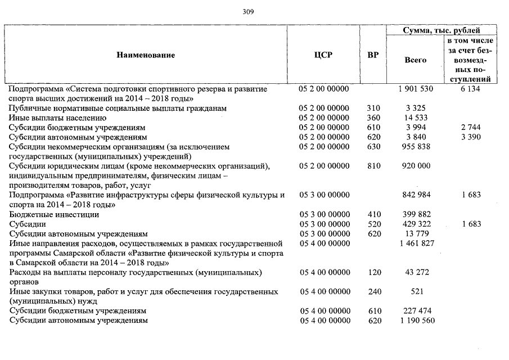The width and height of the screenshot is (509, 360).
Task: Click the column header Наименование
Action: pyautogui.click(x=146, y=55)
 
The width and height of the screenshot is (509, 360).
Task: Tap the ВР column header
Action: pyautogui.click(x=372, y=55)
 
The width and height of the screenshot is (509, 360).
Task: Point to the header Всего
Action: pyautogui.click(x=416, y=60)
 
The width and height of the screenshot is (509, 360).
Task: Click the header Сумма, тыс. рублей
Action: pyautogui.click(x=442, y=30)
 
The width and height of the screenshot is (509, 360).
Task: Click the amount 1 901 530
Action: pyautogui.click(x=416, y=89)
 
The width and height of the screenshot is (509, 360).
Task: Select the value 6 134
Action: pyautogui.click(x=470, y=89)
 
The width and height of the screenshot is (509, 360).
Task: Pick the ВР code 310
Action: pyautogui.click(x=372, y=108)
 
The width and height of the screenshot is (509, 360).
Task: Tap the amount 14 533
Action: pyautogui.click(x=416, y=118)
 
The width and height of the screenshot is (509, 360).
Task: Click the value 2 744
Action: pyautogui.click(x=470, y=128)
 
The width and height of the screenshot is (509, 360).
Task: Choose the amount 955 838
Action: pyautogui.click(x=416, y=147)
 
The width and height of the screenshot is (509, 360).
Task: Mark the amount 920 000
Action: pyautogui.click(x=416, y=166)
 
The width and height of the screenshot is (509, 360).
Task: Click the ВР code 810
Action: pyautogui.click(x=372, y=166)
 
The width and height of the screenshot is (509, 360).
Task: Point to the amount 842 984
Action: pyautogui.click(x=416, y=195)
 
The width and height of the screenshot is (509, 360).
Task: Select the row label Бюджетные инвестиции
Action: pyautogui.click(x=55, y=214)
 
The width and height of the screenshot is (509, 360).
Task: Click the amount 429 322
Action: pyautogui.click(x=416, y=224)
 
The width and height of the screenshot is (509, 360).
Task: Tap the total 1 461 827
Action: pyautogui.click(x=416, y=243)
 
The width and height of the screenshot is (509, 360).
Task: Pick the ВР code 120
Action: pyautogui.click(x=372, y=272)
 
